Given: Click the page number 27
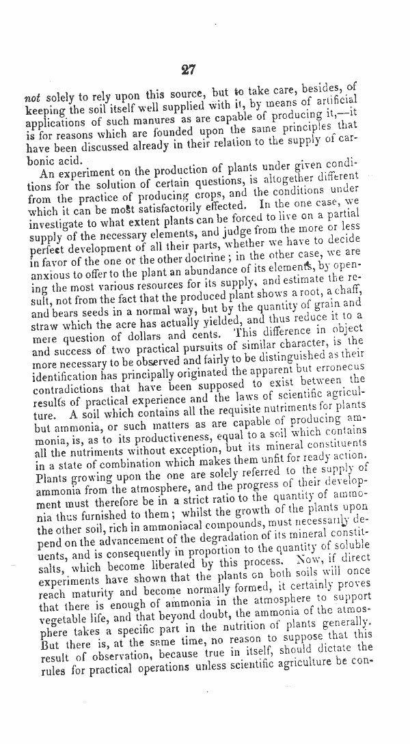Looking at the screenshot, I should click(x=189, y=70).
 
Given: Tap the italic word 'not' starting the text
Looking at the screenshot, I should click(x=32, y=97).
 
